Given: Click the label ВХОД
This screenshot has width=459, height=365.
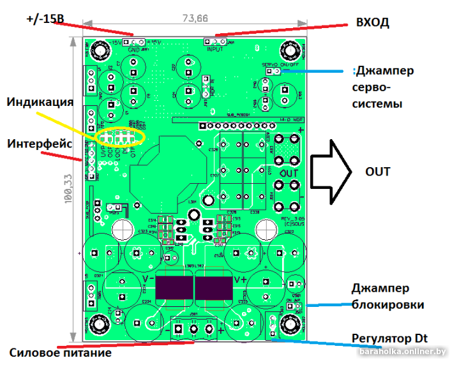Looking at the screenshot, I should (x=372, y=22).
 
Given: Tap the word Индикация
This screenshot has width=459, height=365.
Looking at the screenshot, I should (x=40, y=101).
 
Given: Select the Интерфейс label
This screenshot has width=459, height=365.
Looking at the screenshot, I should (x=38, y=144).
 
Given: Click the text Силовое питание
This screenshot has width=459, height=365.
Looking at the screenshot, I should (x=60, y=352).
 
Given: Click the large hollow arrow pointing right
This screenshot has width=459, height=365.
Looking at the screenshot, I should (x=331, y=172).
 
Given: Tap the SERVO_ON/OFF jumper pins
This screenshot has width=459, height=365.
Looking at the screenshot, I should (x=273, y=71).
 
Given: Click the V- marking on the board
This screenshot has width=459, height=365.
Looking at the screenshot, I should (x=147, y=279).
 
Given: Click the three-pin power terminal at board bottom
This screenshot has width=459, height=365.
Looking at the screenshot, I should (x=194, y=329).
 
